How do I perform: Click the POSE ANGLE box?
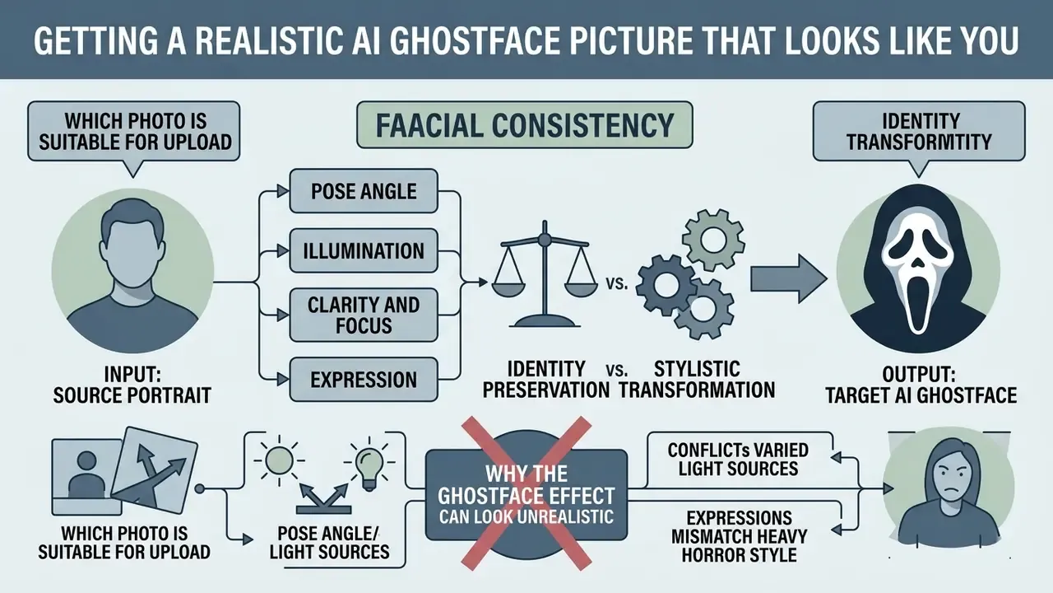click(x=364, y=191)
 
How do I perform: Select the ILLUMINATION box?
click(x=364, y=250)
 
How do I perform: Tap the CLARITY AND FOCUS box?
click(x=364, y=315)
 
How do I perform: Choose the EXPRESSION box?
click(x=364, y=380)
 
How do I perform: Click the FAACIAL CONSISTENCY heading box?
click(x=525, y=124)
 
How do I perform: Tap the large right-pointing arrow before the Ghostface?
click(x=788, y=279)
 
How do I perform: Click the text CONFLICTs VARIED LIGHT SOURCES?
click(x=738, y=460)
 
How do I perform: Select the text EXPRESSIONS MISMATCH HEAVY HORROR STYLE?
click(x=740, y=536)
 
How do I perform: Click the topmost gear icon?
click(x=713, y=240)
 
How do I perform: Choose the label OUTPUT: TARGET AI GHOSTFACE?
click(x=921, y=385)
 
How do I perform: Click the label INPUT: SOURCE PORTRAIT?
click(x=132, y=385)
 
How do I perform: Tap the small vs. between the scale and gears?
click(x=616, y=284)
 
